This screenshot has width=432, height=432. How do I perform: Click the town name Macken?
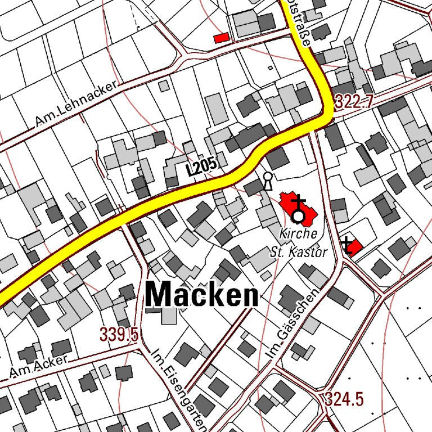(x=202, y=294)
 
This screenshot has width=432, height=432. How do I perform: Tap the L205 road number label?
(x=201, y=166)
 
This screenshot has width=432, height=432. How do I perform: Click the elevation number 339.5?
(x=119, y=334)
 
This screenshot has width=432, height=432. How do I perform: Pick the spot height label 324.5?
(x=344, y=399)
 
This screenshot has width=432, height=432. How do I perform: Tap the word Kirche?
(x=298, y=233)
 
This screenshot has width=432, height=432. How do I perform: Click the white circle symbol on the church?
(x=298, y=216)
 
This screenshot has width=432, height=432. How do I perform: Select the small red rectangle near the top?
(x=222, y=38)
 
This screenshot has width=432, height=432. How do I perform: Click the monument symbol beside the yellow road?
(x=268, y=181)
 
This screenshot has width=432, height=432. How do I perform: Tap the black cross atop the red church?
(x=298, y=201)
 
